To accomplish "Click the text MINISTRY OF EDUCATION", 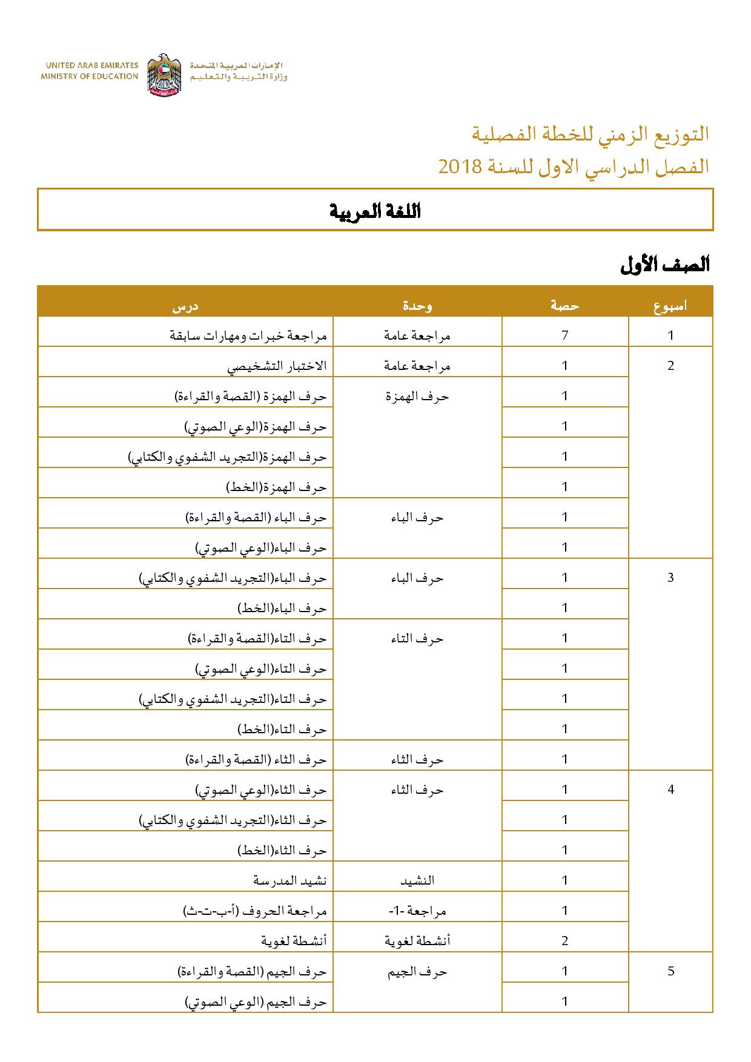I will pyautogui.click(x=90, y=76).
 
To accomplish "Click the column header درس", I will pyautogui.click(x=185, y=306).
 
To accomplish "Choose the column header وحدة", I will pyautogui.click(x=417, y=306).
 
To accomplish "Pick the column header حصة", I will pyautogui.click(x=564, y=306).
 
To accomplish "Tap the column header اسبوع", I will pyautogui.click(x=670, y=306).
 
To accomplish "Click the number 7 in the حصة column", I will pyautogui.click(x=564, y=335).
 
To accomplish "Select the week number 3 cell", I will pyautogui.click(x=670, y=577).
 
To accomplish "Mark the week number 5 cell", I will pyautogui.click(x=670, y=971).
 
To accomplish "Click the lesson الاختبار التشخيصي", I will pyautogui.click(x=277, y=366).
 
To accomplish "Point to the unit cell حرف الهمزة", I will pyautogui.click(x=417, y=396).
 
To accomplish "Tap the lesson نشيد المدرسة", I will pyautogui.click(x=289, y=880).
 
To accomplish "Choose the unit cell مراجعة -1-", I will pyautogui.click(x=417, y=910).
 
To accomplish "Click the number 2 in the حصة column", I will pyautogui.click(x=564, y=940).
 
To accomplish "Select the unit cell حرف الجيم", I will pyautogui.click(x=417, y=971).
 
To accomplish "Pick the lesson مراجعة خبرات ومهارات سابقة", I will pyautogui.click(x=248, y=335).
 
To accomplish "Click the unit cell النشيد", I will pyautogui.click(x=417, y=880).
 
